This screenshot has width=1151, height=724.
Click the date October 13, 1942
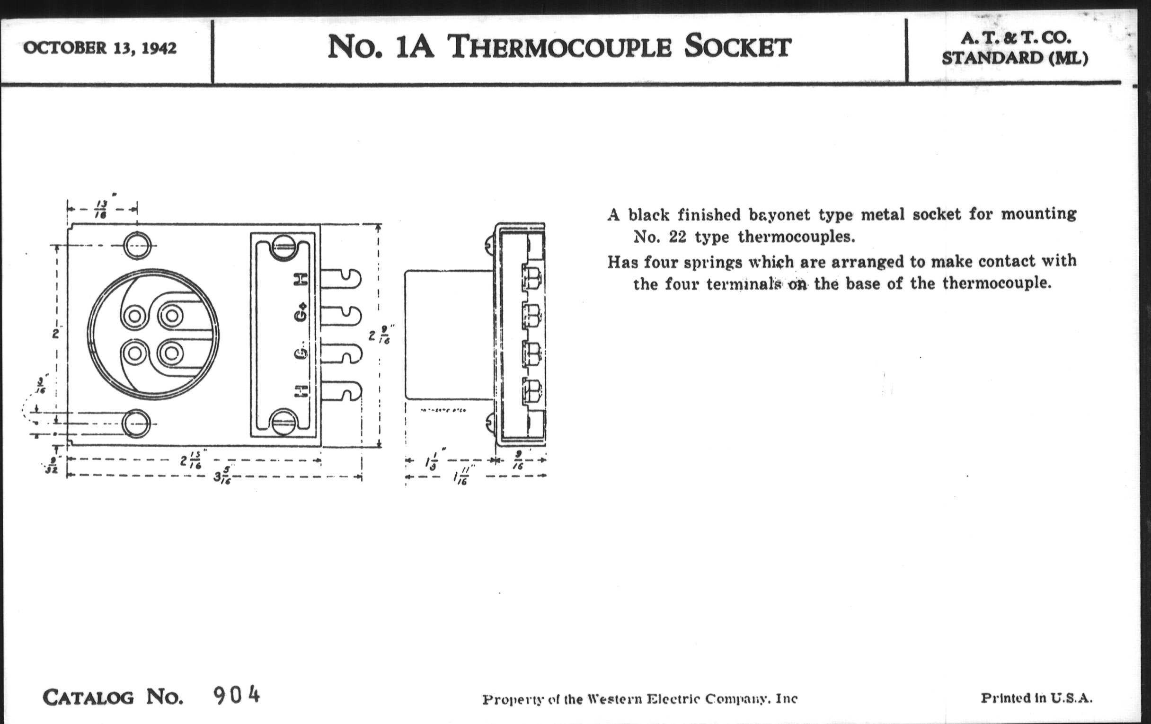[x=100, y=48]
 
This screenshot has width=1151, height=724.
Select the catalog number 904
[x=236, y=695]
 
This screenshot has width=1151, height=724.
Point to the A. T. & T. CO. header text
[x=1015, y=38]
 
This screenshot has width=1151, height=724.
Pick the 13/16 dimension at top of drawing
[x=101, y=210]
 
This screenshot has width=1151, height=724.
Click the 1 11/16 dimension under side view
[x=461, y=477]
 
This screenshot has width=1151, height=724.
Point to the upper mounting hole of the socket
[x=137, y=246]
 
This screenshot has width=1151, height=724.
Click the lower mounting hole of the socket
[x=136, y=424]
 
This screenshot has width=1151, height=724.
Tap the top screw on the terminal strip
[x=283, y=247]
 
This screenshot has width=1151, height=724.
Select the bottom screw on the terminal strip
[x=283, y=422]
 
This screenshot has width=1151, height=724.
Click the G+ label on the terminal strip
[x=301, y=312]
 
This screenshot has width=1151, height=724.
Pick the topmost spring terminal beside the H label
[x=340, y=279]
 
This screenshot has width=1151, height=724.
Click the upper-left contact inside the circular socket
[x=135, y=316]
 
